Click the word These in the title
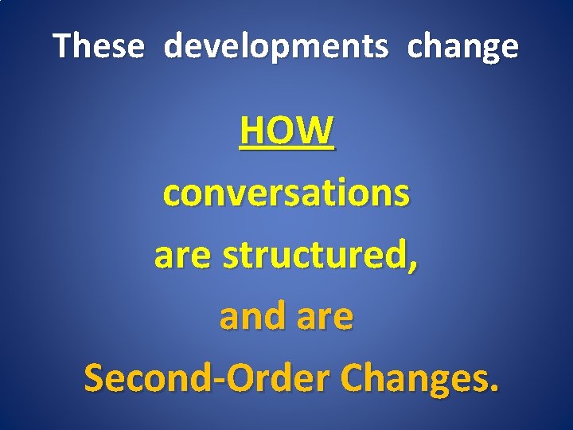pos(99,47)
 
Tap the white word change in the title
pos(462,48)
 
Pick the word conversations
pos(286,193)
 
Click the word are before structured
pos(185,256)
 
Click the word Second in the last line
pos(142,377)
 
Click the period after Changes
pos(496,389)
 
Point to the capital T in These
pos(61,47)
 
